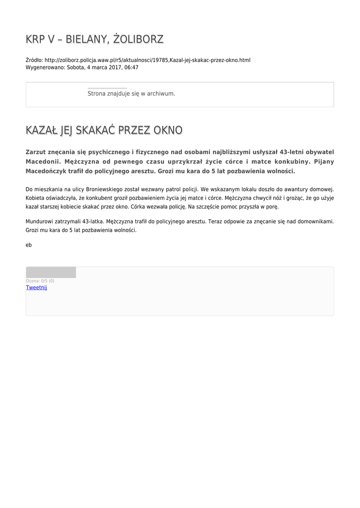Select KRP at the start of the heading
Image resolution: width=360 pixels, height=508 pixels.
point(35,39)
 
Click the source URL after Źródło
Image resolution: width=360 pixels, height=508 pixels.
point(147,60)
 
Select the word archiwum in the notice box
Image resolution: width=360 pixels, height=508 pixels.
point(161,93)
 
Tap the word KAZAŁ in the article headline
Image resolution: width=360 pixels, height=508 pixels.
point(41,130)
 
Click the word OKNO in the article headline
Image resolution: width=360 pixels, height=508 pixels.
point(168,130)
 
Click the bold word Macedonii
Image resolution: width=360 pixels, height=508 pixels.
point(43,161)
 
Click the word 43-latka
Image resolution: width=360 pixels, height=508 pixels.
point(92,222)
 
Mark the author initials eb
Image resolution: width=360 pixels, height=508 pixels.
point(29,245)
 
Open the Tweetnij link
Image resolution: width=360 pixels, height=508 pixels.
point(36,288)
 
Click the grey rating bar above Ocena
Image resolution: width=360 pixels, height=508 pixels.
point(51,272)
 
